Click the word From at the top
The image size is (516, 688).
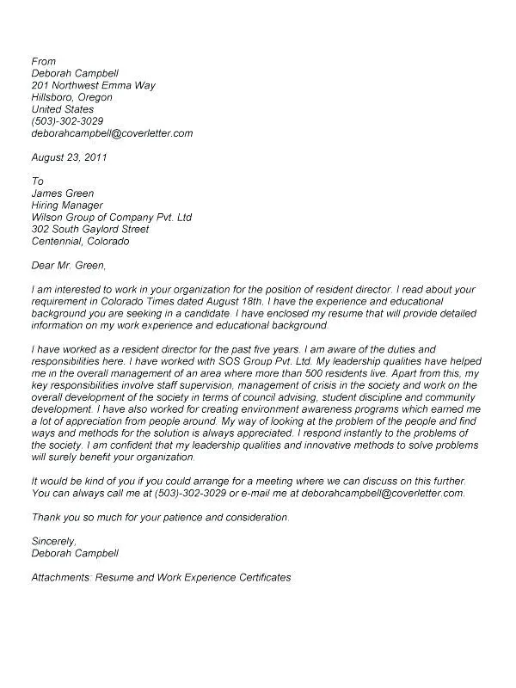43,61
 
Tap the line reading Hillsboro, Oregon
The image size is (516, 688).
72,97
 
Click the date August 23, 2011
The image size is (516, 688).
69,157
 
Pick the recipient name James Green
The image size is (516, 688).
63,193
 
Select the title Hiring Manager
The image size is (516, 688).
67,206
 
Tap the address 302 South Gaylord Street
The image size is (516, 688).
90,230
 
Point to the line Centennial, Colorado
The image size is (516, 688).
80,242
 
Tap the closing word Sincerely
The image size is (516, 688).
54,541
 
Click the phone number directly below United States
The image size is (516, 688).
67,121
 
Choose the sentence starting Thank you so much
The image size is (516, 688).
160,517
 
